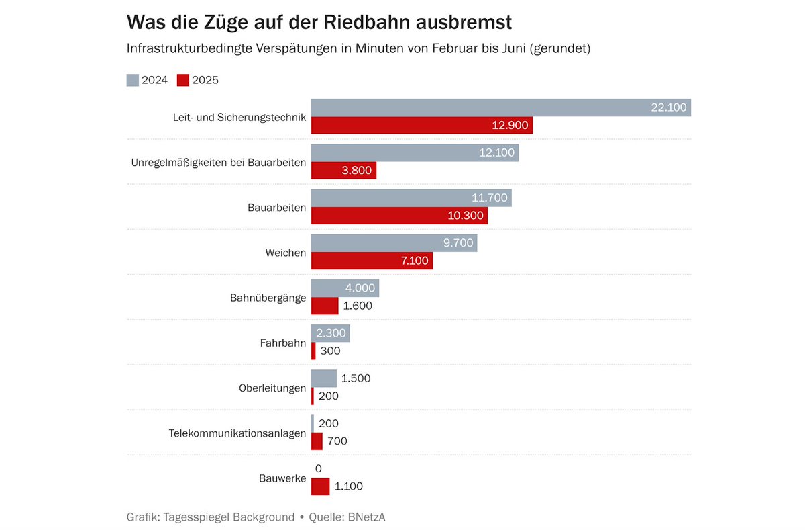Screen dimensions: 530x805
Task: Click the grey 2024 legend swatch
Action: (133, 80)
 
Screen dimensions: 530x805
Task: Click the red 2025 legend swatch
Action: (183, 80)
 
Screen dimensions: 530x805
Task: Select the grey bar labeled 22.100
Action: (500, 107)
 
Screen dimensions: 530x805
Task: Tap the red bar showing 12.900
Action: (421, 125)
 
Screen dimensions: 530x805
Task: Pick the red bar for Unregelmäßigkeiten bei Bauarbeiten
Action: (343, 171)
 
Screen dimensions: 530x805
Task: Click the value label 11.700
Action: (490, 197)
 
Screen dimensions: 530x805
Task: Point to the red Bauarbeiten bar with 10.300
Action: (399, 216)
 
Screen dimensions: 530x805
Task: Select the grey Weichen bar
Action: (394, 243)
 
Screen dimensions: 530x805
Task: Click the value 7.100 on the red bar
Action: (414, 261)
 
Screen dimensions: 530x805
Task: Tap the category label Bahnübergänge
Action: (268, 298)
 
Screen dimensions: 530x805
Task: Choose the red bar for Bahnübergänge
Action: (325, 306)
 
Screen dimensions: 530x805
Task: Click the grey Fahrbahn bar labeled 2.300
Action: (330, 333)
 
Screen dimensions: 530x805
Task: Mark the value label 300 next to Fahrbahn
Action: (330, 351)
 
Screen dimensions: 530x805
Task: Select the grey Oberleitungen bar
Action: (324, 378)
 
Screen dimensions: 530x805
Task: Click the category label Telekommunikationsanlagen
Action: (237, 433)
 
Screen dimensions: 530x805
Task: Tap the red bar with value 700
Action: (317, 441)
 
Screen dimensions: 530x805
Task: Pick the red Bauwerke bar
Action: (320, 486)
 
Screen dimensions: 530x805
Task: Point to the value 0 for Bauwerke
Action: (318, 468)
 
